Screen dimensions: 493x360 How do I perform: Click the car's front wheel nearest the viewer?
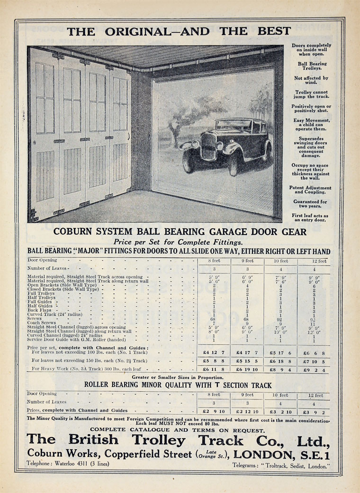pos(235,164)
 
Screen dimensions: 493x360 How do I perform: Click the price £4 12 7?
pos(214,352)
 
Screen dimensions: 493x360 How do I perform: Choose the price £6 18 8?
pos(280,361)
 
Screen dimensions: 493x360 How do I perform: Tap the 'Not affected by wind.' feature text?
pos(311,80)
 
